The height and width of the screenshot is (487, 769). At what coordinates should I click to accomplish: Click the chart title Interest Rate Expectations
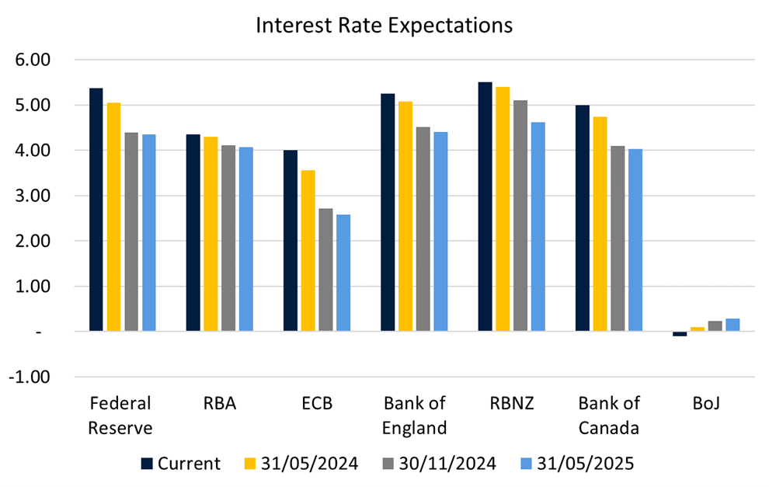tap(384, 25)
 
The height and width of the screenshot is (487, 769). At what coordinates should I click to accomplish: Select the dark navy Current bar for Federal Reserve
tap(96, 210)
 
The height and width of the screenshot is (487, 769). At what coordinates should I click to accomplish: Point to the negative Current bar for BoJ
tap(680, 334)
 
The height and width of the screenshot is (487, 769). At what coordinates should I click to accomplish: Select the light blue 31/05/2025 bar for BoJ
tap(732, 325)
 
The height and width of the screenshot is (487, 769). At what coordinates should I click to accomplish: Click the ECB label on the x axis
tap(316, 403)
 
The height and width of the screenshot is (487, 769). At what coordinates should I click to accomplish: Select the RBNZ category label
tap(511, 403)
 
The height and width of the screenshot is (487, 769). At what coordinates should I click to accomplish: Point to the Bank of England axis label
tap(415, 415)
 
